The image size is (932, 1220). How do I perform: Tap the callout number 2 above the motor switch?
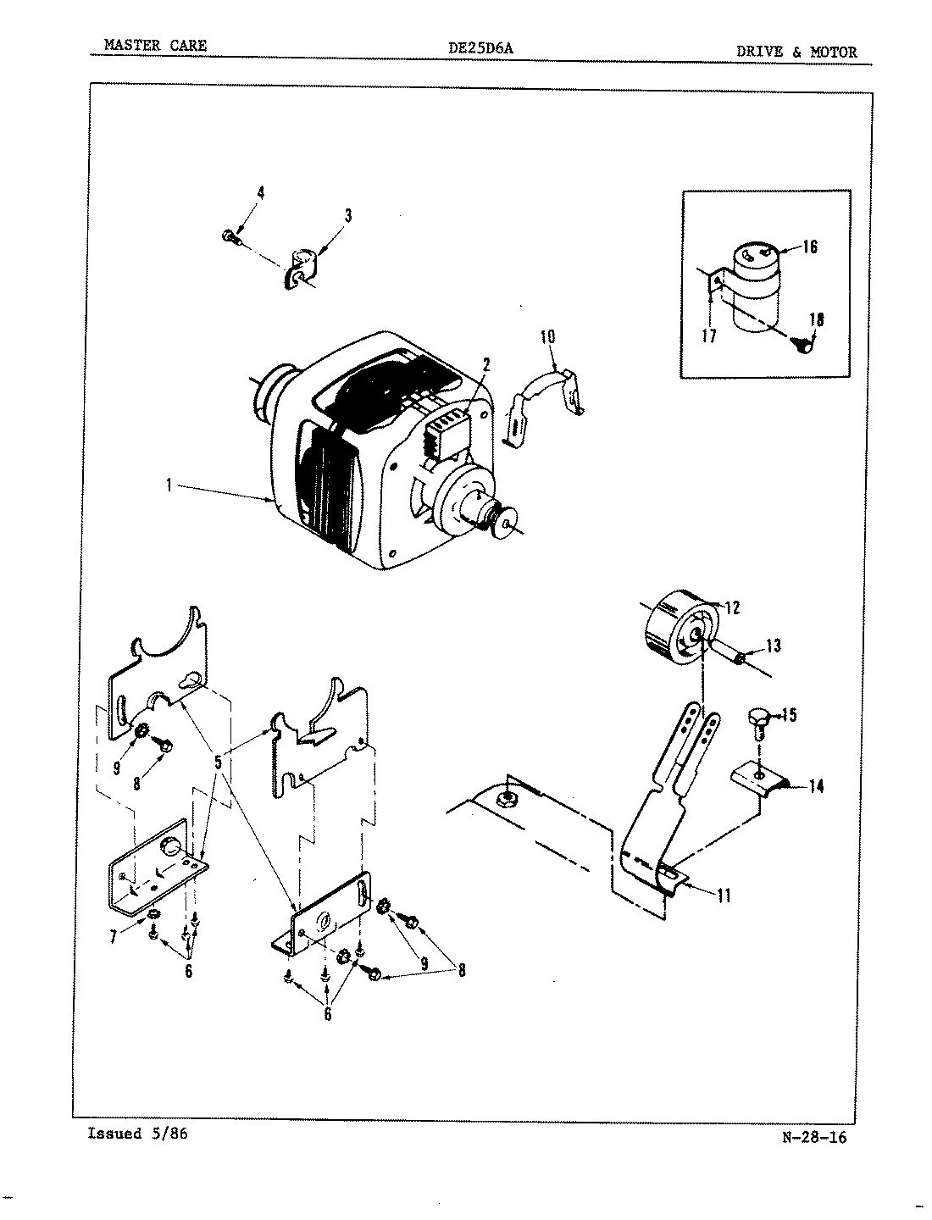[x=486, y=365]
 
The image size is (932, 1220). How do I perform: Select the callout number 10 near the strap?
[x=547, y=336]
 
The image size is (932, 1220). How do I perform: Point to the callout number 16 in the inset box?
[x=809, y=247]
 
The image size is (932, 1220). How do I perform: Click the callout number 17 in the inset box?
[x=709, y=336]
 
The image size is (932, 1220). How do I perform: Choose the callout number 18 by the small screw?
[x=816, y=320]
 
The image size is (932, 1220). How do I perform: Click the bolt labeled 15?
[x=759, y=721]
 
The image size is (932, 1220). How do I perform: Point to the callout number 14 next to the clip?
[x=816, y=786]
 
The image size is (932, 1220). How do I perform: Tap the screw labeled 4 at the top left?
[x=230, y=236]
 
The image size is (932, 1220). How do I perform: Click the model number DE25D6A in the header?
[x=480, y=49]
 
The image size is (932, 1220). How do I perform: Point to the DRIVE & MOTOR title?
[x=796, y=52]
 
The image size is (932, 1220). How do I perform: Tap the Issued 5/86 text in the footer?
[x=137, y=1134]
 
